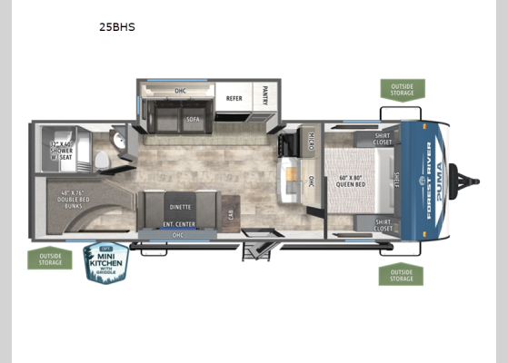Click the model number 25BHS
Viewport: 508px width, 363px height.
(x=117, y=27)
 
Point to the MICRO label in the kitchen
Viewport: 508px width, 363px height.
(x=310, y=141)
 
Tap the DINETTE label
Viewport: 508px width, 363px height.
(x=180, y=207)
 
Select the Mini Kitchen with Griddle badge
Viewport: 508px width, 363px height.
(x=106, y=261)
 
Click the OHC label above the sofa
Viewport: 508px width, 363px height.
(x=180, y=90)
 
